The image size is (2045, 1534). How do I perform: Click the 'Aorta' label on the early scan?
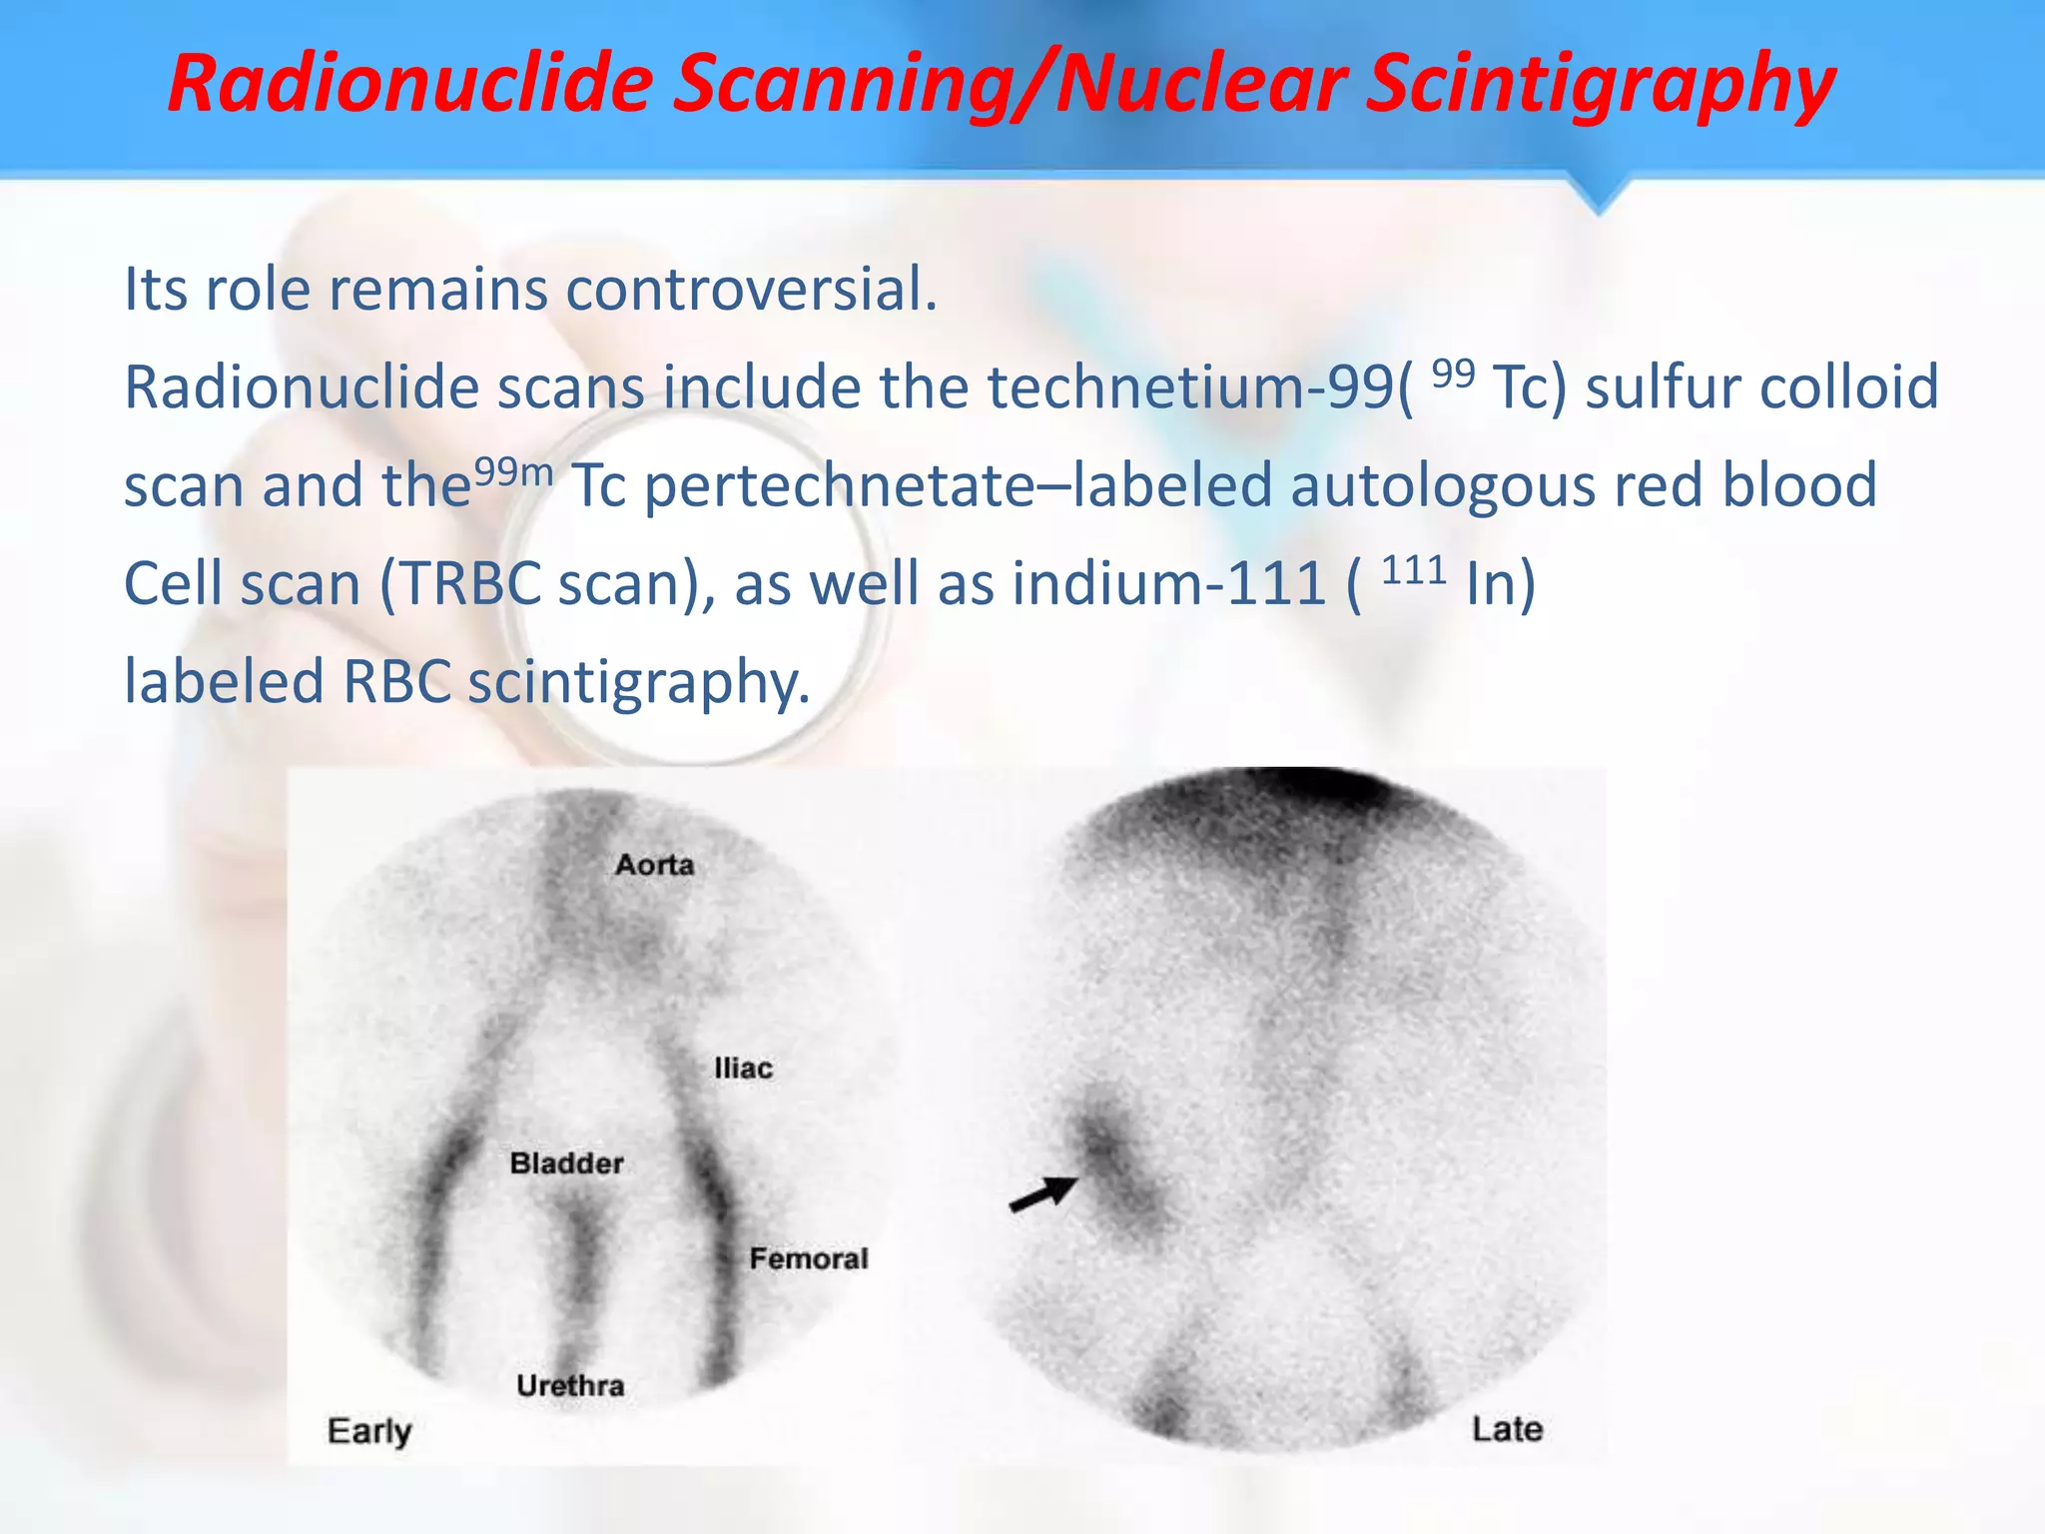click(654, 864)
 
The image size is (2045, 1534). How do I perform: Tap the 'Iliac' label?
click(743, 1069)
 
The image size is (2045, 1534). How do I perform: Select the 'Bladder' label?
click(566, 1163)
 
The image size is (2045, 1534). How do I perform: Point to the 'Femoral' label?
click(808, 1258)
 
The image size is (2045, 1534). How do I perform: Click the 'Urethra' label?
click(570, 1386)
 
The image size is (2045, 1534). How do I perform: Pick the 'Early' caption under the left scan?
click(368, 1431)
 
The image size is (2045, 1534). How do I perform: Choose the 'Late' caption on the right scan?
click(1507, 1429)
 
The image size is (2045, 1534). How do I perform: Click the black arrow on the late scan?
click(1043, 1193)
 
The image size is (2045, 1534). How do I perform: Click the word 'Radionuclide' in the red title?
click(409, 83)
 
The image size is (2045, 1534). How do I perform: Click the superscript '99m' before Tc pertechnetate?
click(513, 470)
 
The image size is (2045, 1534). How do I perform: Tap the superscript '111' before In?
click(1414, 571)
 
